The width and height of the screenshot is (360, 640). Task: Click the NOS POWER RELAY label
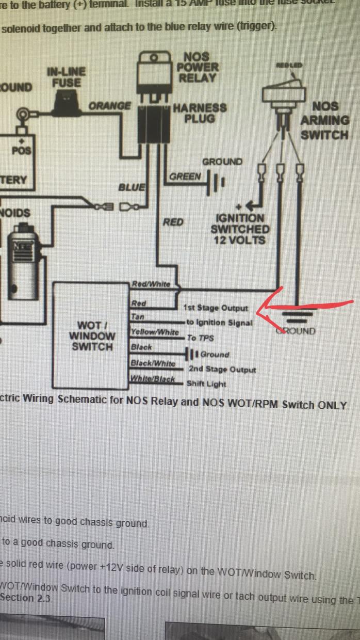(x=198, y=67)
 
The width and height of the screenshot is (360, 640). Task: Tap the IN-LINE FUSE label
(x=66, y=77)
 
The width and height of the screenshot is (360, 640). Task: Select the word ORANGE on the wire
(x=110, y=106)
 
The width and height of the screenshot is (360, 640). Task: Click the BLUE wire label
(x=132, y=187)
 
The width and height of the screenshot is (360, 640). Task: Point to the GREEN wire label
(x=185, y=177)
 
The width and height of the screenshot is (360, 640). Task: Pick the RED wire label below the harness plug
(x=173, y=222)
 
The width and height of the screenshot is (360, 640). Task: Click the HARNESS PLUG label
(x=200, y=113)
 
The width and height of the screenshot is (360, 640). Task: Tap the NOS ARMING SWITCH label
(x=325, y=121)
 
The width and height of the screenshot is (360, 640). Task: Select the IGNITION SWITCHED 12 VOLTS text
(x=240, y=229)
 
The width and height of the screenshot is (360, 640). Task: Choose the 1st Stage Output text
(x=216, y=308)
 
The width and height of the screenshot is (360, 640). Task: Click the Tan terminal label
(x=138, y=317)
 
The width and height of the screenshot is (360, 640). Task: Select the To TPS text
(x=200, y=338)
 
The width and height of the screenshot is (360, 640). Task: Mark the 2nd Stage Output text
(x=222, y=369)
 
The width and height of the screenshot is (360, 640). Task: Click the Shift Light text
(x=206, y=383)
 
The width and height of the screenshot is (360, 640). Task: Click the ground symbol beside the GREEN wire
(x=215, y=182)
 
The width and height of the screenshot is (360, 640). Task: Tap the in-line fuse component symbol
(x=66, y=102)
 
